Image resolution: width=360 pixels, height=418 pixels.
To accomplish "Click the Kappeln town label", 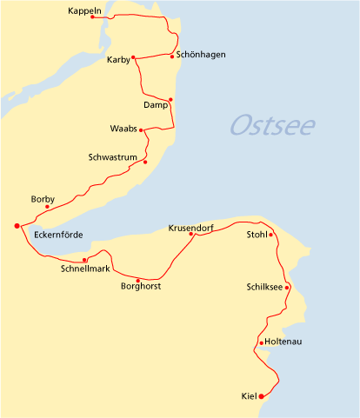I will point(84,11).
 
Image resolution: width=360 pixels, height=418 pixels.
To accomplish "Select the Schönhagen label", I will point(200,55).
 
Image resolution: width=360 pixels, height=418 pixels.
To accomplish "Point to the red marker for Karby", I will point(135,59).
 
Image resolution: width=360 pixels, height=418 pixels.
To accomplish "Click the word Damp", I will point(154,105).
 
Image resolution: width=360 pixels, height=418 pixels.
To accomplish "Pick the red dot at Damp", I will point(170,100).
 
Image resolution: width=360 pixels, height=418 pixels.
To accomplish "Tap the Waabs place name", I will point(123,129).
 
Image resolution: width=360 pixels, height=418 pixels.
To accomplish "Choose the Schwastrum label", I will point(112,157).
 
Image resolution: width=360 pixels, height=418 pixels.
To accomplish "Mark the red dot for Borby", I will point(47,207).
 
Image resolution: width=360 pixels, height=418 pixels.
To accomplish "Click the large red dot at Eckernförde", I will point(17,226).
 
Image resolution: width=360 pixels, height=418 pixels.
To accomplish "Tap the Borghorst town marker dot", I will point(137,281).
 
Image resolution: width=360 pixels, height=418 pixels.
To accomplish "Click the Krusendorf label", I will point(190,228).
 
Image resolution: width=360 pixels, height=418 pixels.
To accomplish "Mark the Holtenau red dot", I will point(261,342).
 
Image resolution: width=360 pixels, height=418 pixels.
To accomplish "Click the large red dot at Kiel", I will point(262,397).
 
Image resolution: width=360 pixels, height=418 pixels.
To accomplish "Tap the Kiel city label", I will point(249,397).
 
